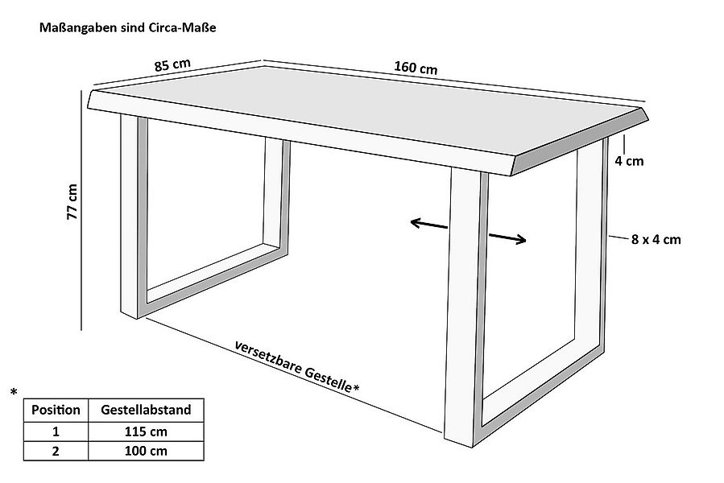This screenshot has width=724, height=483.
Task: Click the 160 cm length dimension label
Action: coord(416,68)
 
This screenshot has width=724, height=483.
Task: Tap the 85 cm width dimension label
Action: coord(172,64)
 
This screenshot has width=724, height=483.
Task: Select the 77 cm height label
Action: coord(72,202)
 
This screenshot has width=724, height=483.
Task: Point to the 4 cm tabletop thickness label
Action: coord(629,161)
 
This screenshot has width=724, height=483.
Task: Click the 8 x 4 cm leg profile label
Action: coord(656,239)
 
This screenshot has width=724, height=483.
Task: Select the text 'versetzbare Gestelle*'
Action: coord(297,367)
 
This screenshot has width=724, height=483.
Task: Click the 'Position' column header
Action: coord(56,410)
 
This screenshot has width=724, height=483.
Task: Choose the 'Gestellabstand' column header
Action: coord(146,410)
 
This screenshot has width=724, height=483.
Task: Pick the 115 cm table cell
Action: coord(146,431)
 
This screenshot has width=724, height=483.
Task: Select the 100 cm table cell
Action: coord(146,451)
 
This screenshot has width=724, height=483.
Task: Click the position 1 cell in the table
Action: coord(56,431)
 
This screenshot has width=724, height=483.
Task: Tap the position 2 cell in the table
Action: coord(56,451)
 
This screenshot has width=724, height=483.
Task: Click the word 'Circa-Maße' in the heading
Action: coord(182,27)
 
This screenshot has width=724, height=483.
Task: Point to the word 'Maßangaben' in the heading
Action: coord(78,28)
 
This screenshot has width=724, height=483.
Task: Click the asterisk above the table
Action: coord(14,392)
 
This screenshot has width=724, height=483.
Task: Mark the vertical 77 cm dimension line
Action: coord(81,210)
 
